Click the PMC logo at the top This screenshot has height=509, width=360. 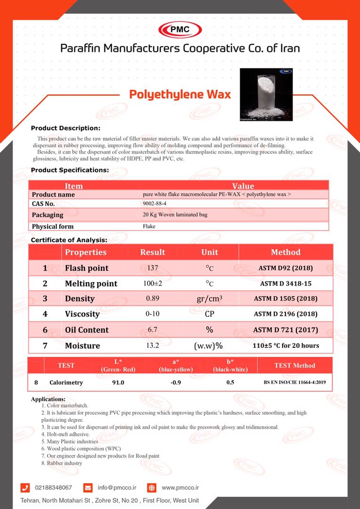(180, 30)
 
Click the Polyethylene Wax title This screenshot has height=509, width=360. (180, 94)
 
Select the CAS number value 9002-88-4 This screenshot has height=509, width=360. (155, 204)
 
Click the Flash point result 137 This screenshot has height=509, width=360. (152, 268)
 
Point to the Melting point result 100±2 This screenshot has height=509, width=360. (152, 284)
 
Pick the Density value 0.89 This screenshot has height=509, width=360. (152, 299)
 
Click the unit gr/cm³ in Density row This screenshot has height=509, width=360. (209, 299)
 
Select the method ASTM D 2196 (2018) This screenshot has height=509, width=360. (286, 314)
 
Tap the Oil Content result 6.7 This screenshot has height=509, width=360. (152, 330)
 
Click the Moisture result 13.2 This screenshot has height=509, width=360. (152, 345)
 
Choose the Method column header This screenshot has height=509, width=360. (286, 252)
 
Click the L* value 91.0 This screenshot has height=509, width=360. (117, 382)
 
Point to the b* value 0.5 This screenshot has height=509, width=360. (230, 382)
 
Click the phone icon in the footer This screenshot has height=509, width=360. (26, 487)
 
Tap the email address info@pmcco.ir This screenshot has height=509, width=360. (117, 487)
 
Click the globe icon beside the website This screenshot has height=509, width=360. (151, 487)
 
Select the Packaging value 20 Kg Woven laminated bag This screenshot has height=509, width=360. (175, 214)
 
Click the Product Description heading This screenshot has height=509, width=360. (65, 128)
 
